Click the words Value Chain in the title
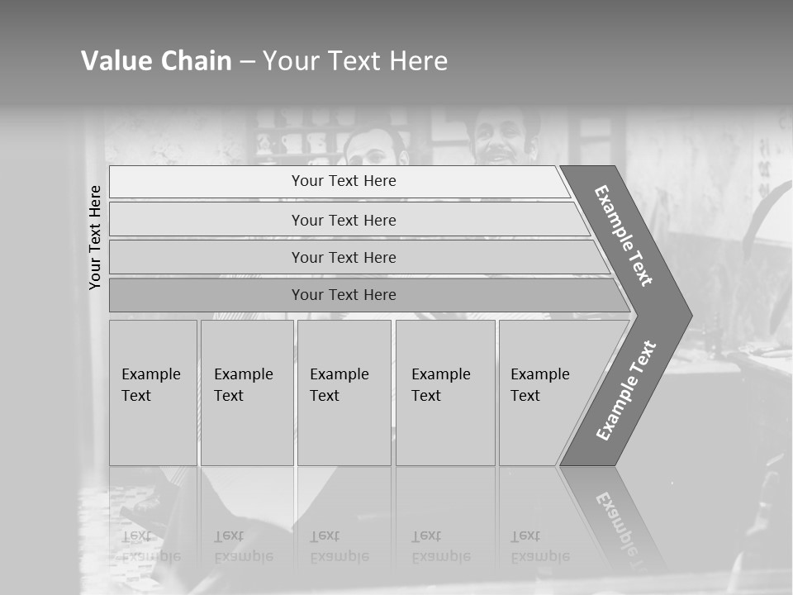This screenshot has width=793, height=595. pyautogui.click(x=156, y=61)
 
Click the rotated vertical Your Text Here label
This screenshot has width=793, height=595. pyautogui.click(x=95, y=237)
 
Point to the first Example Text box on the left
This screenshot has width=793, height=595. pyautogui.click(x=153, y=393)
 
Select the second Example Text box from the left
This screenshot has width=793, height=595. pyautogui.click(x=246, y=393)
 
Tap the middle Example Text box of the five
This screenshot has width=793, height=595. pyautogui.click(x=344, y=393)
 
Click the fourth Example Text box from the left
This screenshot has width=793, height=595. pyautogui.click(x=445, y=393)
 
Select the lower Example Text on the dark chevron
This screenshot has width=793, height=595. pyautogui.click(x=626, y=390)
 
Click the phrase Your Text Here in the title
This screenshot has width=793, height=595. pyautogui.click(x=355, y=61)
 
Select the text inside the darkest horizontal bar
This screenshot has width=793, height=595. pyautogui.click(x=344, y=295)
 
